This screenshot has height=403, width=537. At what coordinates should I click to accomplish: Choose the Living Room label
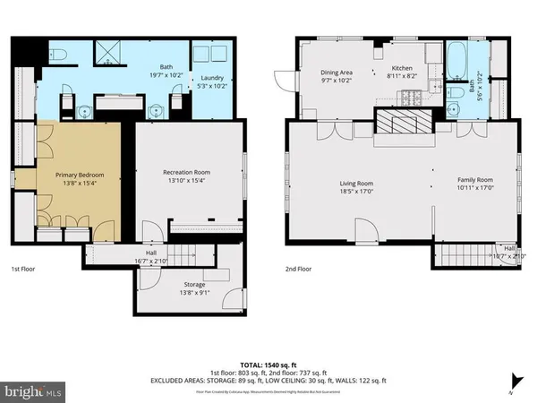[355, 187]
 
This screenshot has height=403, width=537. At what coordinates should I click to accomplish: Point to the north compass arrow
[514, 379]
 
